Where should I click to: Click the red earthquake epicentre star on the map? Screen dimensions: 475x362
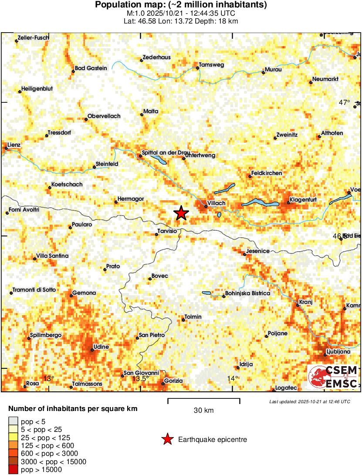pos(181,213)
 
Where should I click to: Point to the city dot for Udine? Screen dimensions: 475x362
pos(92,349)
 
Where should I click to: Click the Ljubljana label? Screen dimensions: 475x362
pos(338,351)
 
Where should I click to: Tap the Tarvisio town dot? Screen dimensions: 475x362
pos(157,235)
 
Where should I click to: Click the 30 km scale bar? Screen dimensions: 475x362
pos(204,400)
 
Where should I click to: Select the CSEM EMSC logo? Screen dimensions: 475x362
pos(333,377)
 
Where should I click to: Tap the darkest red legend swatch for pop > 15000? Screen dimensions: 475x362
pos(14,469)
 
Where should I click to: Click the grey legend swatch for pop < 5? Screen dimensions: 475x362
pos(14,421)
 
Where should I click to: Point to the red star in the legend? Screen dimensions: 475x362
pos(167,440)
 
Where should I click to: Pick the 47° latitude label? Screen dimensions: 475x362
pos(345,102)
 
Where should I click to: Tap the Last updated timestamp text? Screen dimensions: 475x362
pos(309,401)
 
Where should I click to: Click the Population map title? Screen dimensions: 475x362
pos(181,5)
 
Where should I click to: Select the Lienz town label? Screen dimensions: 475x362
pos(14,145)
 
